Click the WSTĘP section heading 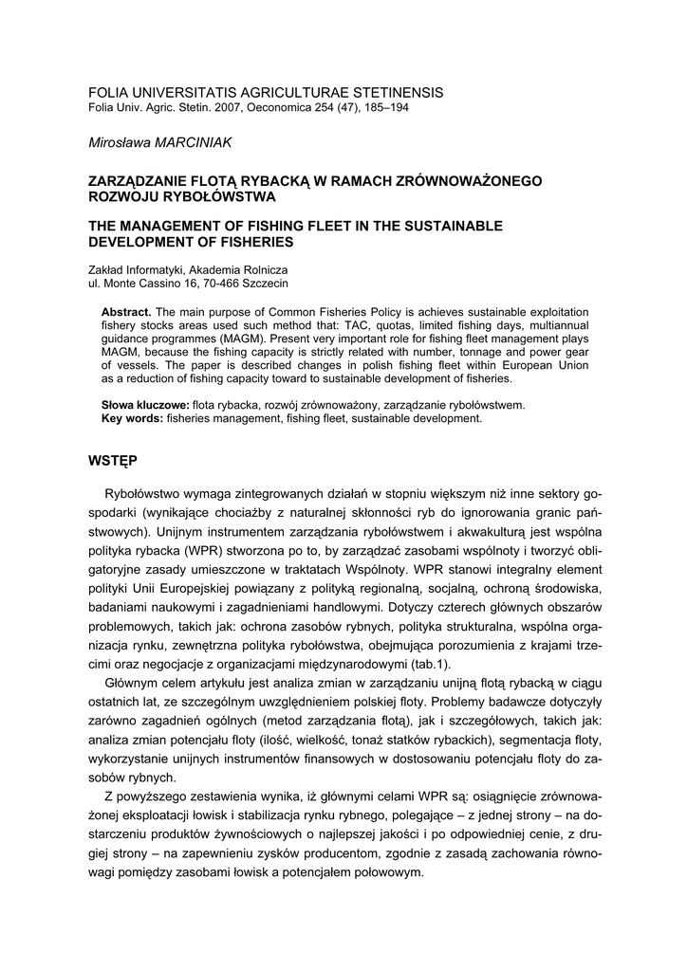[x=112, y=461]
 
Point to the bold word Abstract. [x=125, y=312]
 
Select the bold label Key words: [x=132, y=418]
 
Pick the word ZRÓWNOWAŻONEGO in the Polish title [x=473, y=180]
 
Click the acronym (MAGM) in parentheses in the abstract [x=241, y=339]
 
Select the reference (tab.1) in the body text [x=433, y=664]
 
